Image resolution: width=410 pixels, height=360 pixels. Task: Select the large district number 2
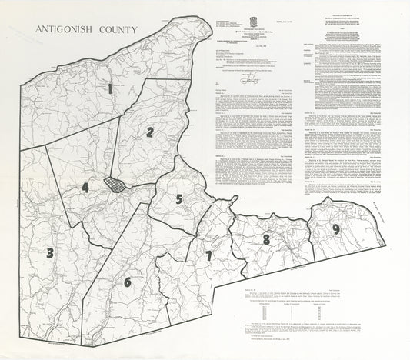pyautogui.click(x=150, y=131)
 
